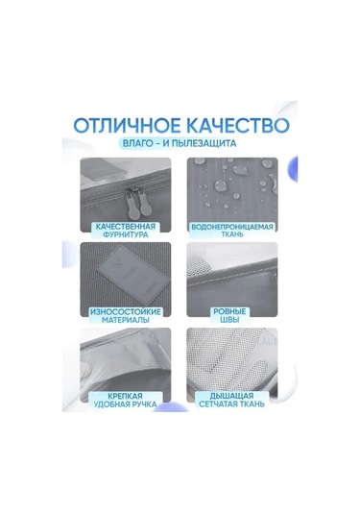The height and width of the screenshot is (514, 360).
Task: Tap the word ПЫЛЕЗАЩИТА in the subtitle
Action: pos(204,143)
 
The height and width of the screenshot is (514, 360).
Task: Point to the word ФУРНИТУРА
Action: pos(126,235)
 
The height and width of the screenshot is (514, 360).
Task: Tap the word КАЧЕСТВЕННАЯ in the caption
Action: pos(126,227)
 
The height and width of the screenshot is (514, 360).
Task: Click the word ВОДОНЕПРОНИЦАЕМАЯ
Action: pos(232,227)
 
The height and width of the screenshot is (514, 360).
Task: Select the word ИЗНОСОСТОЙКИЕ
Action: pos(126,311)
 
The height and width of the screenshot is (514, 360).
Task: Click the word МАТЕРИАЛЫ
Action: pos(126,320)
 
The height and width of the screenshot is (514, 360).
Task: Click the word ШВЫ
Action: pos(230,320)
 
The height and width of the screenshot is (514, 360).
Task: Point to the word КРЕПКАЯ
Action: pos(126,396)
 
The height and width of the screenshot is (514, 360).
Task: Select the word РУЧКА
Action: pos(142,404)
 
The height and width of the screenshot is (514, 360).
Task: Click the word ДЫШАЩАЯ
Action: pos(232,395)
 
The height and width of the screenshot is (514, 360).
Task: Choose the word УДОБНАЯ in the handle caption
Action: pos(109,404)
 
